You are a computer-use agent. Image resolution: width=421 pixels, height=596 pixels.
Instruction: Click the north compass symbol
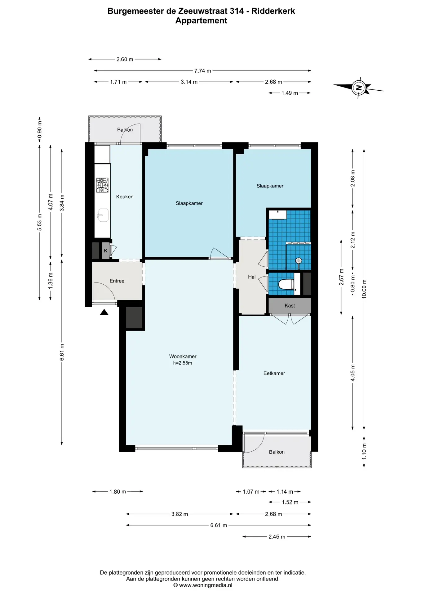pos(359,88)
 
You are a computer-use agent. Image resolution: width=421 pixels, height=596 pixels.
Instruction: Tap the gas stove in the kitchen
pos(102,185)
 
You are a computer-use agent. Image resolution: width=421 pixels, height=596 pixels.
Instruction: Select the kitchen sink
pos(103,215)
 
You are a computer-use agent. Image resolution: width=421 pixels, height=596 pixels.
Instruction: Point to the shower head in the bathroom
pos(299,261)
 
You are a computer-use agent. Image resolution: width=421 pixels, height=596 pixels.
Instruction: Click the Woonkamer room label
pos(183,356)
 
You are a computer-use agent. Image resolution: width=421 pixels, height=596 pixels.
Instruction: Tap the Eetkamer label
pos(274,373)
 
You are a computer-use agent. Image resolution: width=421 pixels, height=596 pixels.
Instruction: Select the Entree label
pos(117,281)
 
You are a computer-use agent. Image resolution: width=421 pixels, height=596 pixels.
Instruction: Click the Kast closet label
pos(290,306)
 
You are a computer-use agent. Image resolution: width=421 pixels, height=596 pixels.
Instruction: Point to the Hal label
pos(252,277)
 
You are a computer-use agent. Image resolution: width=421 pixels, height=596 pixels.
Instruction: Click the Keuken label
pos(125,196)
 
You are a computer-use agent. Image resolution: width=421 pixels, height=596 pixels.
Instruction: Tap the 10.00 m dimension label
pos(364,289)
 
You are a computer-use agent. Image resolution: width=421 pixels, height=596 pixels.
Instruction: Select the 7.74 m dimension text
pos(202,71)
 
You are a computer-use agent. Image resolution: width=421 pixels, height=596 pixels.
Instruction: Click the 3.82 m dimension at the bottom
pos(180,514)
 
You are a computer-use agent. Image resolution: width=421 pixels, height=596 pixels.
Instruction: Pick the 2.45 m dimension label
pos(277,537)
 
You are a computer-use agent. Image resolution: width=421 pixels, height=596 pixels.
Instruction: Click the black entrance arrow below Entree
pos(104,312)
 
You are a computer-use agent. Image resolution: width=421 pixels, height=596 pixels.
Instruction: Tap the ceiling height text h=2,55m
pos(183,363)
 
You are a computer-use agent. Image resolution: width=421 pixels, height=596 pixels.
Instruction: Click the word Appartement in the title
pos(201,21)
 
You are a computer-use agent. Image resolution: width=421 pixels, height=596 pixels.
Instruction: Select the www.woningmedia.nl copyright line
pos(202,585)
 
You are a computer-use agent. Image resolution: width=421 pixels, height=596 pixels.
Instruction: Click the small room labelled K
pos(105,251)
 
